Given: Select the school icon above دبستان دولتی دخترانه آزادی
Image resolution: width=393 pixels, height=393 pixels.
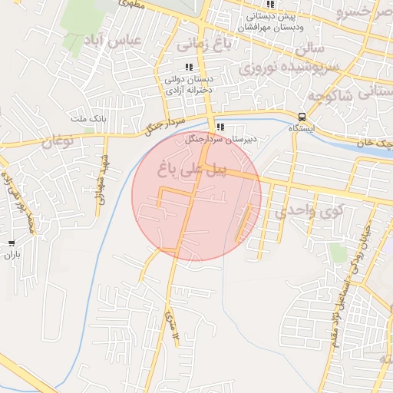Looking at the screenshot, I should [189, 68].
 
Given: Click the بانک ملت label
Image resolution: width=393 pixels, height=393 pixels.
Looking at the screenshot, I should [86, 119].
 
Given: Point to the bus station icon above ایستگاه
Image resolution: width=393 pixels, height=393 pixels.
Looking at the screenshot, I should [302, 117].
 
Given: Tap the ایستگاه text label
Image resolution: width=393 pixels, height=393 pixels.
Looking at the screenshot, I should [302, 129].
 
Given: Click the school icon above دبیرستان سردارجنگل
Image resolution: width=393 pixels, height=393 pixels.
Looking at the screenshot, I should [220, 127].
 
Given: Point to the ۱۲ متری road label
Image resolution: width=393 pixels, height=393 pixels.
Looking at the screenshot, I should [173, 326].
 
